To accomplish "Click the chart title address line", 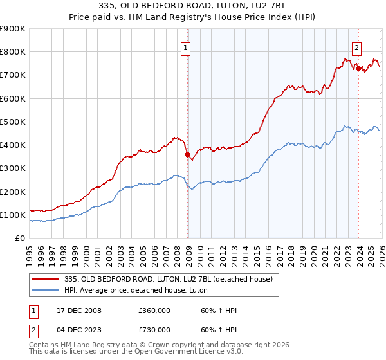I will tap(193, 6).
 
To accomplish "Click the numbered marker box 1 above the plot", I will tap(185, 46).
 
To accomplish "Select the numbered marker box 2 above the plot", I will tap(356, 46).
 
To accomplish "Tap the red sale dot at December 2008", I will tap(187, 154).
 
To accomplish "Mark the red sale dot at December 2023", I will tap(359, 68).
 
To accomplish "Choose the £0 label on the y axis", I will tap(21, 238).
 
